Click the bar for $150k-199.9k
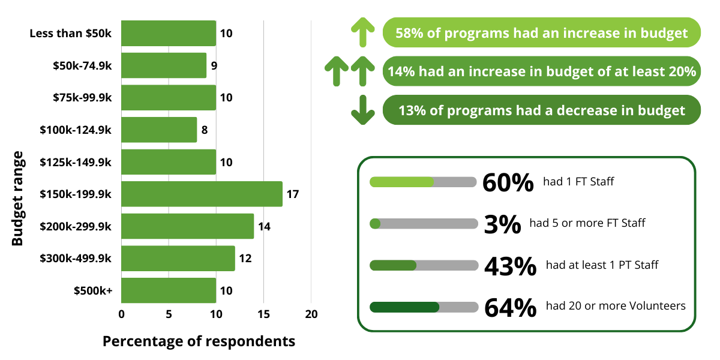[202, 194]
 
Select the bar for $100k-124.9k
[159, 130]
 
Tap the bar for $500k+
[169, 290]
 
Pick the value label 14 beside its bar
[264, 226]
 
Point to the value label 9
[214, 65]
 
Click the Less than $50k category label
[71, 34]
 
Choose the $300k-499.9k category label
[76, 259]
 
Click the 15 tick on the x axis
[263, 314]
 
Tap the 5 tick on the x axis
[169, 314]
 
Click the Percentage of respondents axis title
[199, 341]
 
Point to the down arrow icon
[362, 110]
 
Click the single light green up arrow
[362, 32]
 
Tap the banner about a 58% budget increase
[541, 33]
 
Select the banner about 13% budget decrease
[541, 110]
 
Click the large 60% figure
[508, 182]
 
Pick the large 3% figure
[502, 224]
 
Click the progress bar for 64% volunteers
[424, 307]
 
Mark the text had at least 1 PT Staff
[602, 265]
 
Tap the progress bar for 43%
[424, 265]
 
